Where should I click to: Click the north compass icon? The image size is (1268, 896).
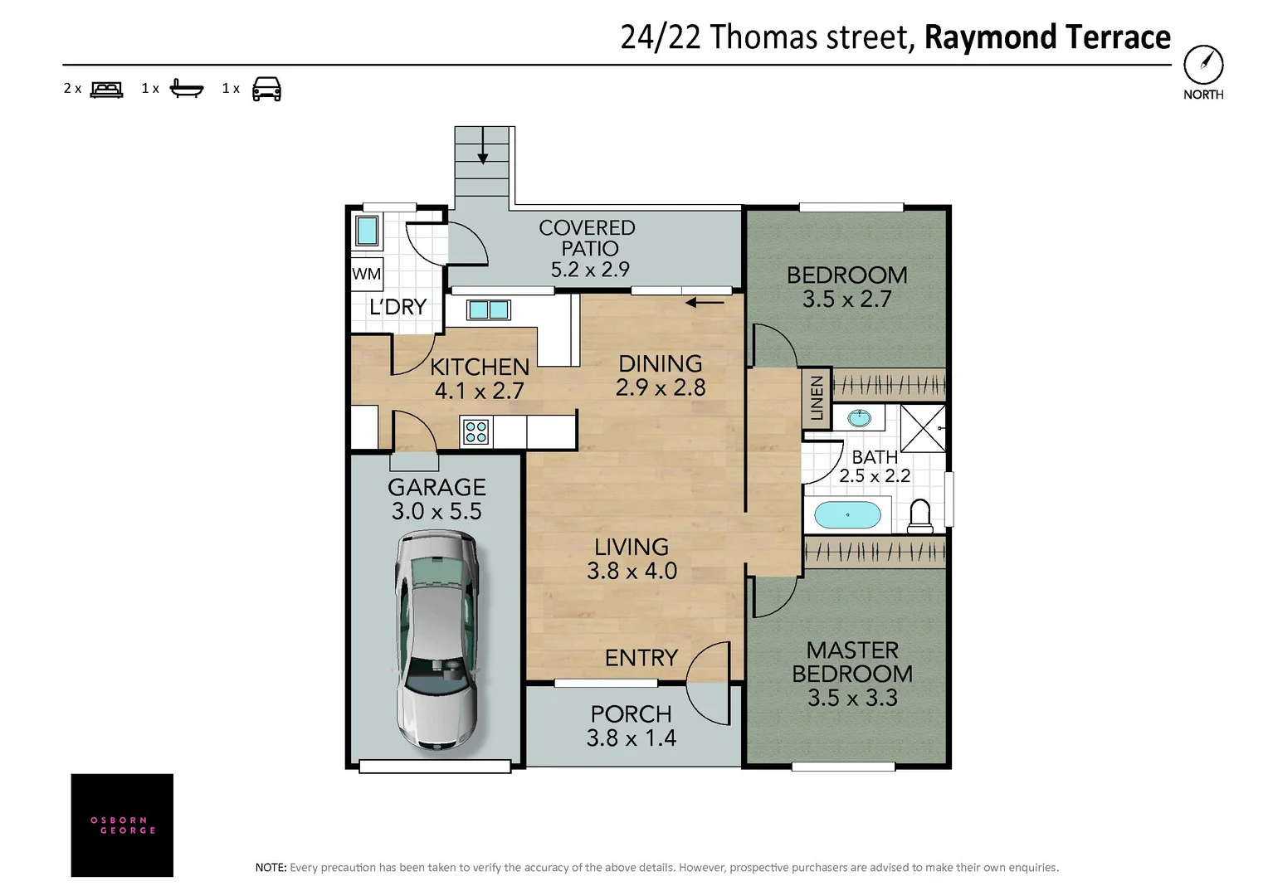[1202, 64]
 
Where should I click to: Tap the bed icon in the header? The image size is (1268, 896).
[106, 89]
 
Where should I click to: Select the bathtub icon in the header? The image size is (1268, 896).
[186, 88]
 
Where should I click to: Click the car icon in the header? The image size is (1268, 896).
[266, 89]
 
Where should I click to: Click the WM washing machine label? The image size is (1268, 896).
[366, 274]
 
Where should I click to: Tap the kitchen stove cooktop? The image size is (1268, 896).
[476, 431]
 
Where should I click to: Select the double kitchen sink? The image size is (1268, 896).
[488, 310]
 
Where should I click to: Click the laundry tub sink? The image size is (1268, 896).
[366, 230]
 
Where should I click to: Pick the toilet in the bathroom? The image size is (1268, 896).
[919, 516]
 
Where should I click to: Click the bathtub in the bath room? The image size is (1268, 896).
[847, 515]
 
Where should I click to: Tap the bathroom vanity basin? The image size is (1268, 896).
[859, 417]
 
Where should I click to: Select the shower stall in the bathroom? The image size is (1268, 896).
[923, 428]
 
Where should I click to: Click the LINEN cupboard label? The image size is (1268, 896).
[817, 398]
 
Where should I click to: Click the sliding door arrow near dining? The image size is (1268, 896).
[705, 303]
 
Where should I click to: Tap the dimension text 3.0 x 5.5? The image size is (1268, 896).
[436, 511]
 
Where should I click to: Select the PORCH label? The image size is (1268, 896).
[631, 713]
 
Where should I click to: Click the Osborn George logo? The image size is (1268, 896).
[122, 825]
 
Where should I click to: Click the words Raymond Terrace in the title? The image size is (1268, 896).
[1047, 37]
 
